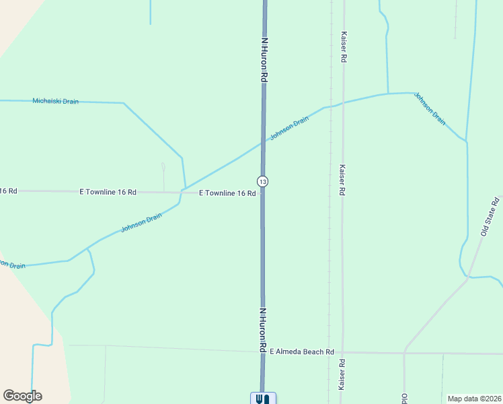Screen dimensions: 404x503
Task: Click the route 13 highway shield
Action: [x=262, y=182]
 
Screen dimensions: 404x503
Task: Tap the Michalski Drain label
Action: [x=56, y=102]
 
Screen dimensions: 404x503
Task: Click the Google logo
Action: [x=22, y=396]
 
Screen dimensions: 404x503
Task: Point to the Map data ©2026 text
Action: [x=473, y=398]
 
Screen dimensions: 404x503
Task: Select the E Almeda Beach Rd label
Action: [x=302, y=351]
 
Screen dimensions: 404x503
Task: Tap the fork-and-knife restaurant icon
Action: [x=263, y=399]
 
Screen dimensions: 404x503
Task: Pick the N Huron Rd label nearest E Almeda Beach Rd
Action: [x=263, y=330]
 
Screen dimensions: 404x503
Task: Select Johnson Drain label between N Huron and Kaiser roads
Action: [x=290, y=128]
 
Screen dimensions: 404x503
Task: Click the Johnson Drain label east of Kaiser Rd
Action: [x=430, y=108]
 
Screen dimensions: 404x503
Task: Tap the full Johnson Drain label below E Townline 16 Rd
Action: [x=142, y=223]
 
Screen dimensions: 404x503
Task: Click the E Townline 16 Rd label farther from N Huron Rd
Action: [x=108, y=192]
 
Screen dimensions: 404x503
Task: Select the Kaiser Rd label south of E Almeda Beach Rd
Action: [x=342, y=374]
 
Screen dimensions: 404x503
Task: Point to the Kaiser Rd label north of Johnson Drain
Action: [x=344, y=47]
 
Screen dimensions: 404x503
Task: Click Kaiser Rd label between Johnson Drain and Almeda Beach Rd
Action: [x=342, y=180]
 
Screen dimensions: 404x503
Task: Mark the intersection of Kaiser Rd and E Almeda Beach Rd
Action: [x=342, y=352]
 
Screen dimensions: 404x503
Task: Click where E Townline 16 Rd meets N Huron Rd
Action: [x=263, y=193]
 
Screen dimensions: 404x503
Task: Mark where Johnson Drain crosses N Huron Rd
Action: [x=263, y=142]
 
